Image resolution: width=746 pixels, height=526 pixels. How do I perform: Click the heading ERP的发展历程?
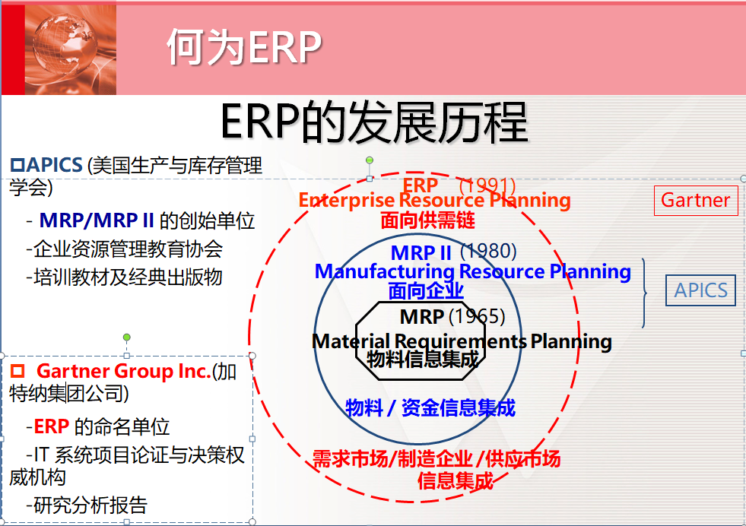[x=373, y=122]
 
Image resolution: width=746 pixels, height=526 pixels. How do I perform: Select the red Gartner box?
[x=695, y=200]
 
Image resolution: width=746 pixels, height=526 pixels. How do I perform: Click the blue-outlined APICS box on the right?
[x=700, y=290]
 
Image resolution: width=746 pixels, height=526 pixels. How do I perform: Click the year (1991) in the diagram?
[x=488, y=185]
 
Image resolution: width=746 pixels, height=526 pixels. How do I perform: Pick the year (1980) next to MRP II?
[x=488, y=252]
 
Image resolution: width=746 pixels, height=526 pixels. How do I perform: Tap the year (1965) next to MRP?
[x=476, y=316]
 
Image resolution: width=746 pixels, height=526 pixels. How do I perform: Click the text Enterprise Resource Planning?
[x=434, y=201]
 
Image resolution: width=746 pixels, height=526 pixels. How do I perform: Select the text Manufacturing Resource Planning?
[x=472, y=271]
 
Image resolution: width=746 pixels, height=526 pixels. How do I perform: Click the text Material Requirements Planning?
[x=462, y=341]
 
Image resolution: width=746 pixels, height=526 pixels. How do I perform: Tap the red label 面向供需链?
[x=427, y=221]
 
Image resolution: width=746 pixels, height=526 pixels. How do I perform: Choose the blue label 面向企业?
[x=425, y=290]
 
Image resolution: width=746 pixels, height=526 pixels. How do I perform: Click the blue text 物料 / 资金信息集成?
[x=430, y=408]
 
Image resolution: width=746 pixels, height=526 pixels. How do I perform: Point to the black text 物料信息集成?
[x=423, y=359]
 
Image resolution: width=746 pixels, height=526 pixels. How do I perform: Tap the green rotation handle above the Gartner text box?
[x=127, y=337]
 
